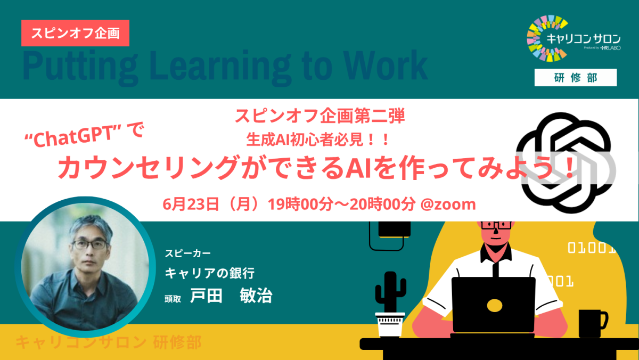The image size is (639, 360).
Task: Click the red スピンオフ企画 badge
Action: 75,33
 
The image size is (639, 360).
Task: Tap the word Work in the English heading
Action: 385,66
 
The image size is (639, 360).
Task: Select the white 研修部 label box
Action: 576,78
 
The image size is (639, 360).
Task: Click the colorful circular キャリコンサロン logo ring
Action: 534,38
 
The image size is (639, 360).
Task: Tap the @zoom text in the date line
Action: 448,204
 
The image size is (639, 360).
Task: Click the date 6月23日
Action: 191,204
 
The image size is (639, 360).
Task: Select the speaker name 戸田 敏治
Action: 231,295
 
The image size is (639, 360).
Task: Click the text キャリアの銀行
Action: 210,273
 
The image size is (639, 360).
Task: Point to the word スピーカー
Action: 187,253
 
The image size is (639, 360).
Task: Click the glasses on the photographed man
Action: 91,245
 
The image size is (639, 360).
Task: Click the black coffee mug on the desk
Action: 593,323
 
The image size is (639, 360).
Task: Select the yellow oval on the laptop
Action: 494,306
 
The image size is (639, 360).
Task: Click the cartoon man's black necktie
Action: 496,268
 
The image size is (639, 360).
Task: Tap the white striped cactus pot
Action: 390,325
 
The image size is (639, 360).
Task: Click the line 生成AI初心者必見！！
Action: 318,140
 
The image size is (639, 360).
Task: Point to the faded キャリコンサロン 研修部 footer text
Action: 109,342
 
